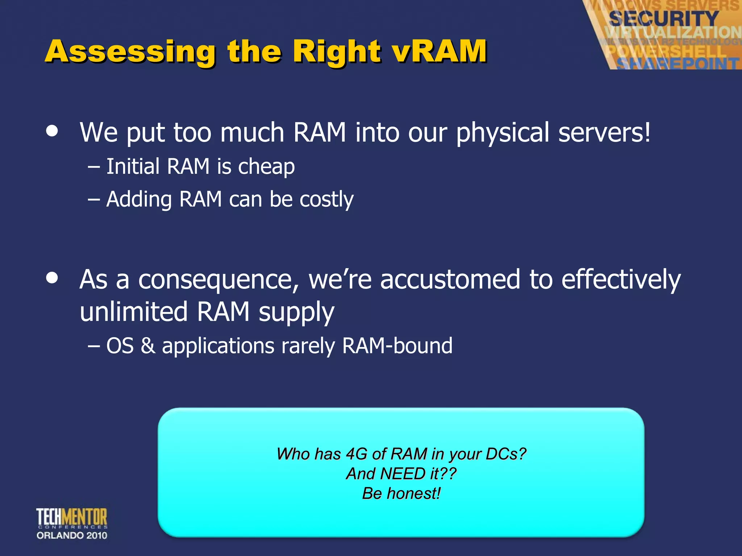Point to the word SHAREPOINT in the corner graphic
pos(678,64)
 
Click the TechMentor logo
pos(72,518)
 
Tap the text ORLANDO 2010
pos(72,535)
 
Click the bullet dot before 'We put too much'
pos(52,131)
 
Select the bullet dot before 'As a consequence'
pos(52,278)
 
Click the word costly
pos(326,199)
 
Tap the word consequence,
pos(218,279)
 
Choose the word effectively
pos(621,279)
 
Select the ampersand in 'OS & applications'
pos(148,346)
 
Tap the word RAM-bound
pos(397,346)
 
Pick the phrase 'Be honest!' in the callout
pos(401,493)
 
